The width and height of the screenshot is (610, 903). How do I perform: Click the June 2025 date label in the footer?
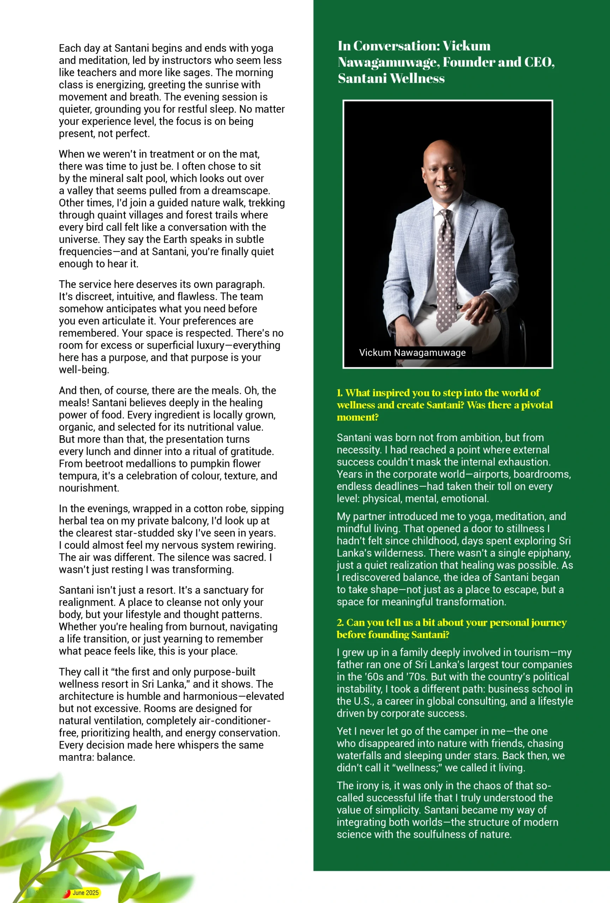point(85,892)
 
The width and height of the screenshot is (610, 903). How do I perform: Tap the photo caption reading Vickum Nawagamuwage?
point(412,352)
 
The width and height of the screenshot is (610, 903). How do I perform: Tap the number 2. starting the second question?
point(341,623)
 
